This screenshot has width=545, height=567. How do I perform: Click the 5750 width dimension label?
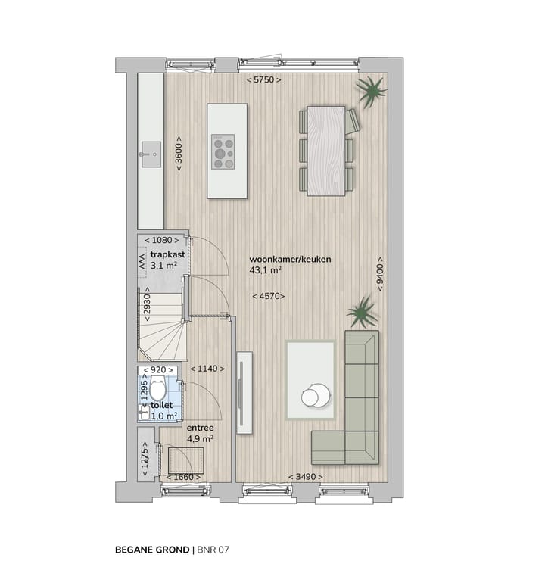click(x=263, y=79)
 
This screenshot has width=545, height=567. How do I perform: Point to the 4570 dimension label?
click(x=269, y=296)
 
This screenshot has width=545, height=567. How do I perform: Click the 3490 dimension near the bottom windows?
click(x=304, y=476)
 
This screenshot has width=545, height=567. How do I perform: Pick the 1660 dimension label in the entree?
click(x=182, y=477)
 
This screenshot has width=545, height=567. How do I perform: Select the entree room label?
click(x=201, y=428)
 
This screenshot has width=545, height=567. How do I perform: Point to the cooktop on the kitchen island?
click(x=223, y=151)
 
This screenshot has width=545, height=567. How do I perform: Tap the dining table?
click(x=325, y=151)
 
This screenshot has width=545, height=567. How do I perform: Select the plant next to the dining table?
click(x=371, y=92)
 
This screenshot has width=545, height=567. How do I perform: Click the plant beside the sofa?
click(x=362, y=311)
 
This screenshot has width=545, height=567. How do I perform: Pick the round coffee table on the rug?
click(x=314, y=396)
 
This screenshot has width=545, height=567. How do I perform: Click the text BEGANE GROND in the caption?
click(x=152, y=549)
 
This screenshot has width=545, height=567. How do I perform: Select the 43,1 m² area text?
click(x=266, y=269)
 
